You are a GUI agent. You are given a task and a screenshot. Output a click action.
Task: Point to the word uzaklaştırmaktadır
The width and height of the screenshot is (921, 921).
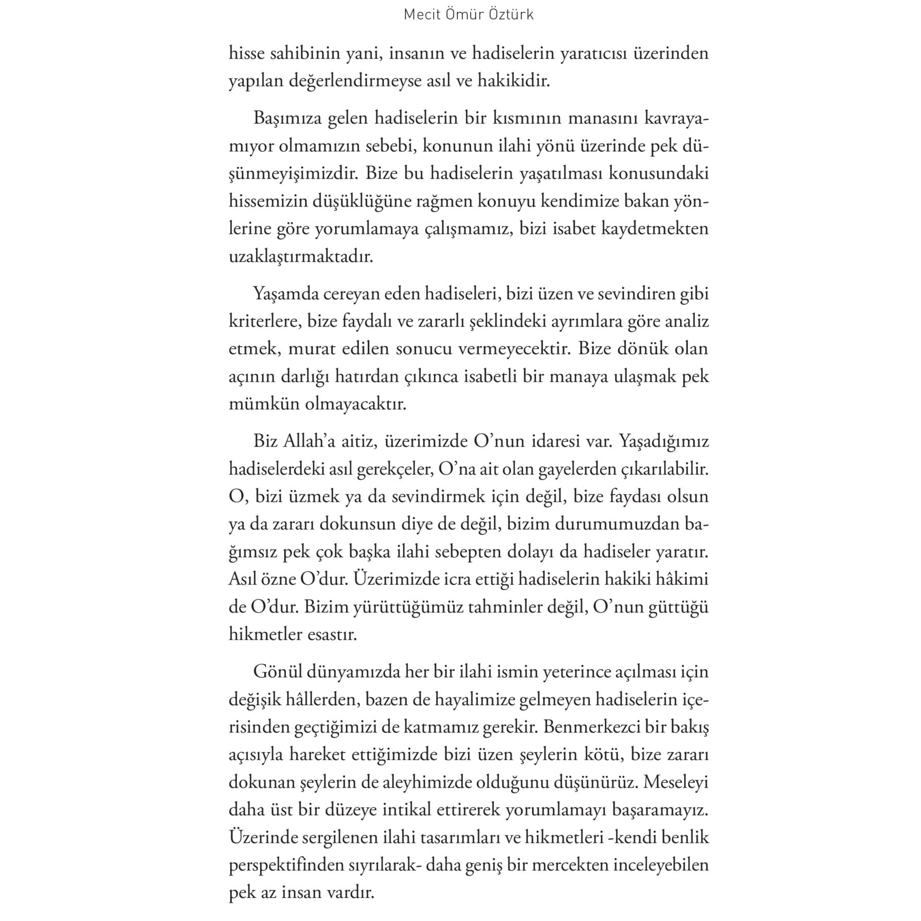(301, 257)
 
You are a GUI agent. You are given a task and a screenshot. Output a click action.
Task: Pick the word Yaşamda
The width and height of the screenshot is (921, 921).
(285, 294)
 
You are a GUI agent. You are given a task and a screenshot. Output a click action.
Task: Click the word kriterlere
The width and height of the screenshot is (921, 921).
(264, 321)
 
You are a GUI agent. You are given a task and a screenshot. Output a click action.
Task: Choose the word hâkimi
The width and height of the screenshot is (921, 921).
(683, 579)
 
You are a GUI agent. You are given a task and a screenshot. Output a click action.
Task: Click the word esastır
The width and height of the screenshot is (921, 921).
(332, 634)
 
